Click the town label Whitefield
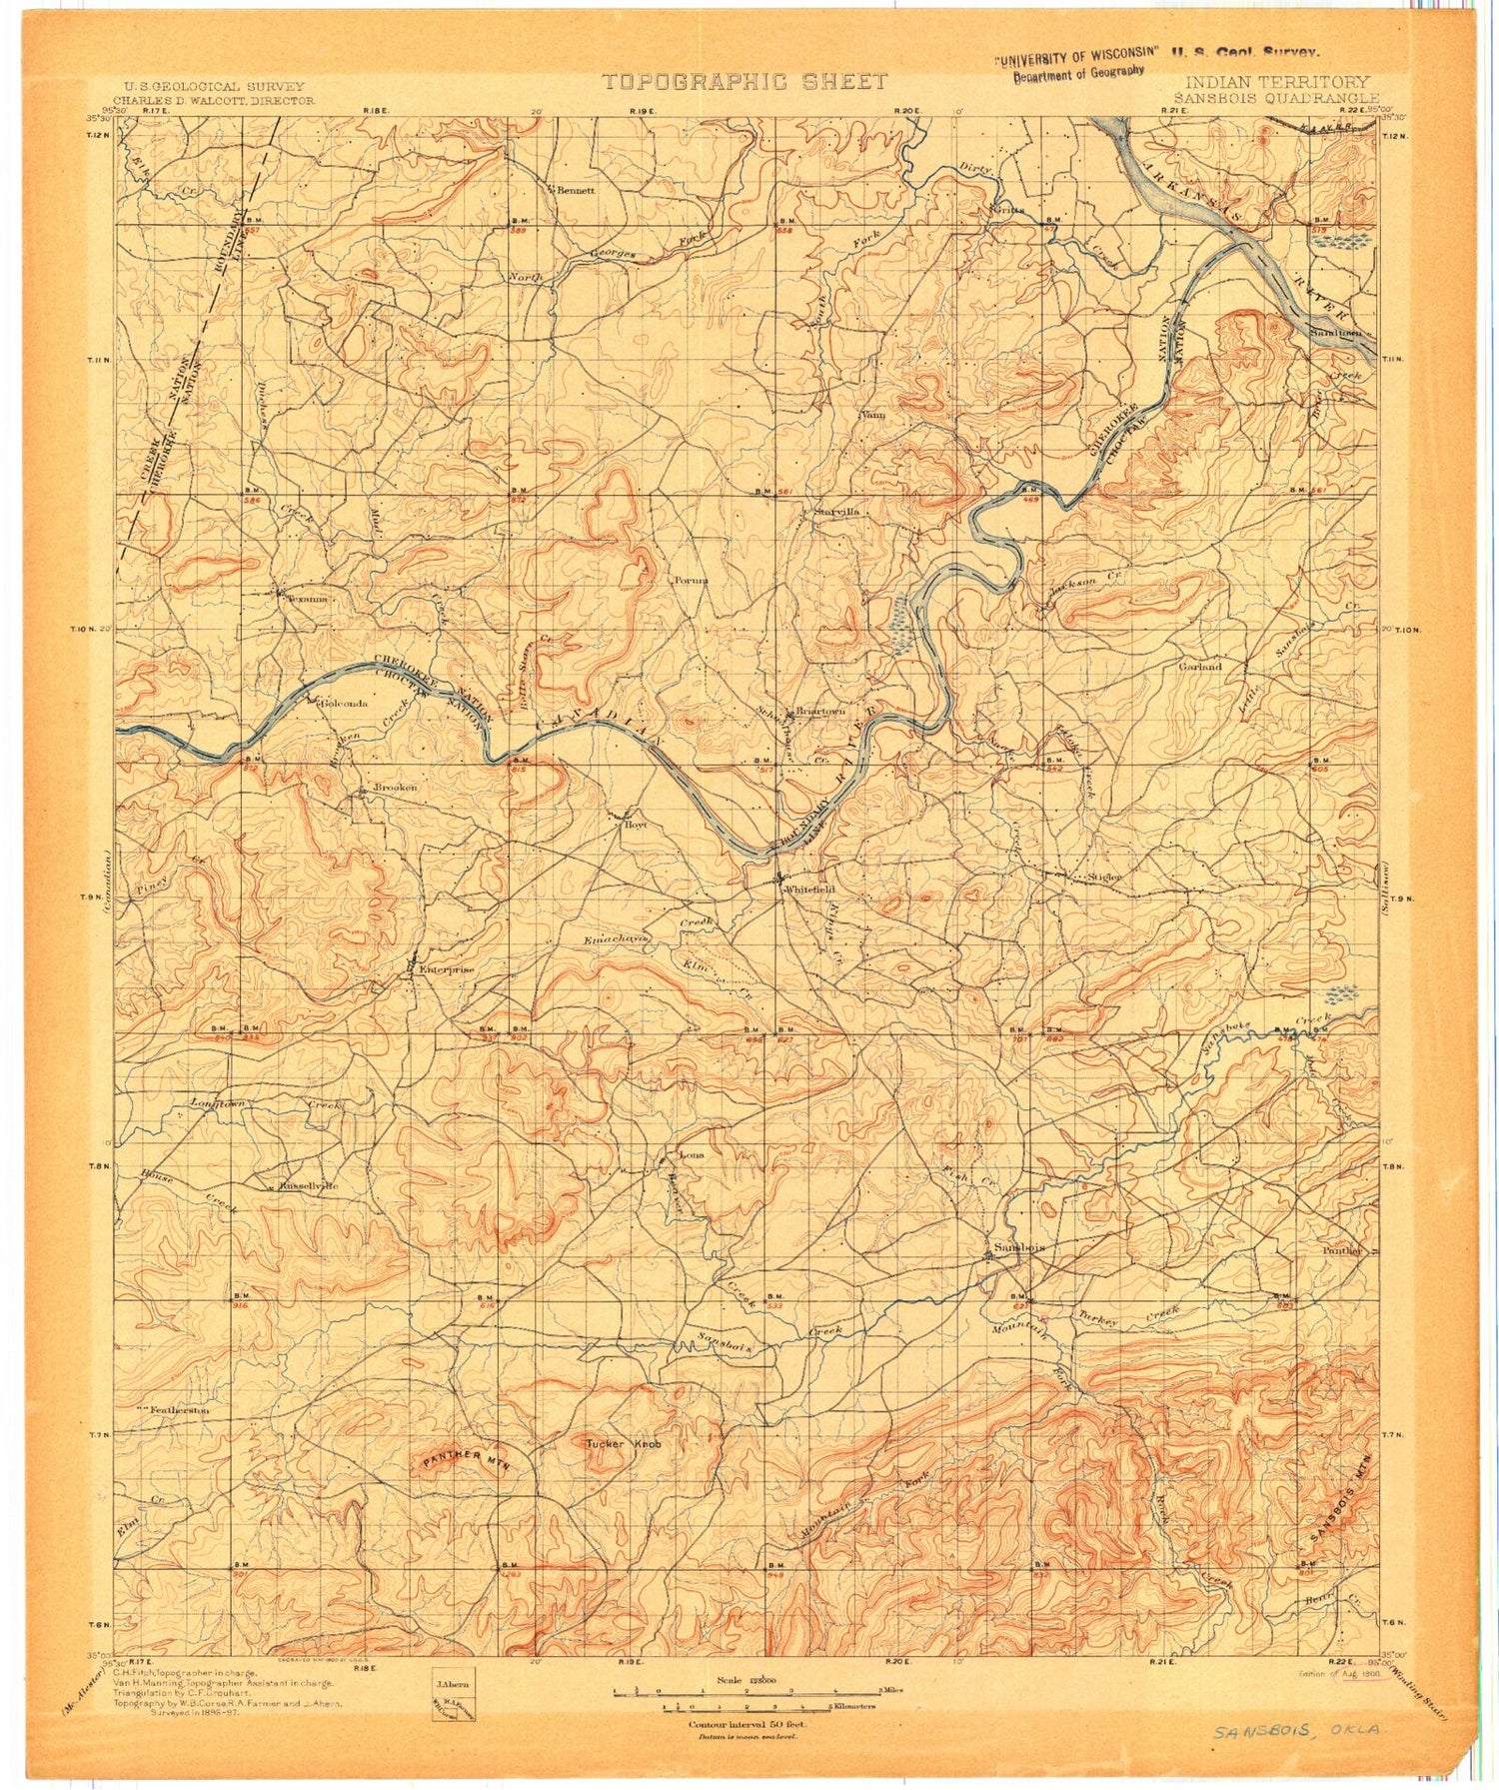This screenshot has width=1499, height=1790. point(808,890)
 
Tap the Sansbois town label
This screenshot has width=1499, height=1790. point(1018,1248)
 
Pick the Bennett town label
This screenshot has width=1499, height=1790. point(576,189)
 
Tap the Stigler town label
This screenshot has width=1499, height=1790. point(1105,877)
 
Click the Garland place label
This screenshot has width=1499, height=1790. point(1199,666)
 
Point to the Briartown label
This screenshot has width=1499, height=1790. point(819,711)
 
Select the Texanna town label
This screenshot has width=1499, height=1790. point(307,599)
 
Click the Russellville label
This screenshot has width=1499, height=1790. point(310,1185)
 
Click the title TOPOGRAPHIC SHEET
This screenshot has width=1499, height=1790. point(745,82)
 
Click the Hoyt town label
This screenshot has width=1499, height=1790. point(637,826)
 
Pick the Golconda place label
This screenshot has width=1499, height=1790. point(343,703)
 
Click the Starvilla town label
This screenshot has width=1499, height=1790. point(836,512)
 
